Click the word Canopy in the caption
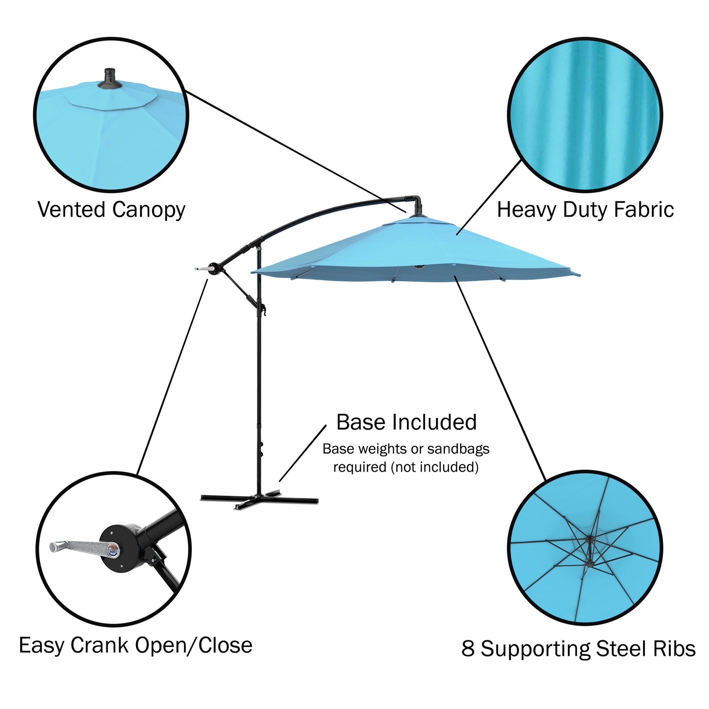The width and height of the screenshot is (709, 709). click(149, 210)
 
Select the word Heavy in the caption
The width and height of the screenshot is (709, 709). click(527, 210)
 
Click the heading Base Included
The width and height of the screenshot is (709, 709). click(406, 422)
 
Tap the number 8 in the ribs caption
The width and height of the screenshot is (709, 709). click(468, 648)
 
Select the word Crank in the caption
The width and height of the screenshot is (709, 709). click(99, 645)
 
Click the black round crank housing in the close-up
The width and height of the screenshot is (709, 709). click(119, 548)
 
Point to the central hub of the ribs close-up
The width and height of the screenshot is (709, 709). click(590, 539)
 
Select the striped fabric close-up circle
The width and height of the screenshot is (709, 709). click(585, 115)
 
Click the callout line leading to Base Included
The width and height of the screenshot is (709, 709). click(303, 453)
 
